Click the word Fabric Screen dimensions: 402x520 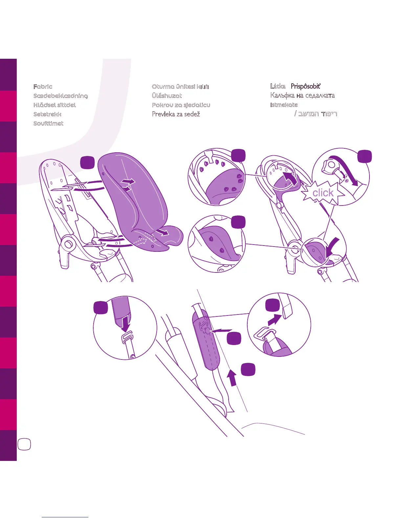tap(43, 87)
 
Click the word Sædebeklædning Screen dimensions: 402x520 tap(60, 96)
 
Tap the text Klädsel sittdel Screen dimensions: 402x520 tap(55, 105)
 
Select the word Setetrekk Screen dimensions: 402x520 tap(47, 114)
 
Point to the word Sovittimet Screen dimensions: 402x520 tap(48, 123)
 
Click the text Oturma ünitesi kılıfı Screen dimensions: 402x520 tap(180, 87)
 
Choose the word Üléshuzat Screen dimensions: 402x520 tap(167, 96)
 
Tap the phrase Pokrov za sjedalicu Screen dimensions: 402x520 tap(181, 105)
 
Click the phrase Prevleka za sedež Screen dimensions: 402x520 tap(176, 114)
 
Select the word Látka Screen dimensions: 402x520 tap(278, 86)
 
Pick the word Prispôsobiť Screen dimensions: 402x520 tap(305, 86)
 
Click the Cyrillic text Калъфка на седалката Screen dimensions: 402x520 tap(302, 96)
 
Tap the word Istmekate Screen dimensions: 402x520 tap(284, 105)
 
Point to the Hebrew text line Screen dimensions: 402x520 tap(316, 114)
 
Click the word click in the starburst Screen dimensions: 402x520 tap(323, 193)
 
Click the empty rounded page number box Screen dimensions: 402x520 tap(24, 444)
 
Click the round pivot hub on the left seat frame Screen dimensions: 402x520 tap(69, 244)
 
